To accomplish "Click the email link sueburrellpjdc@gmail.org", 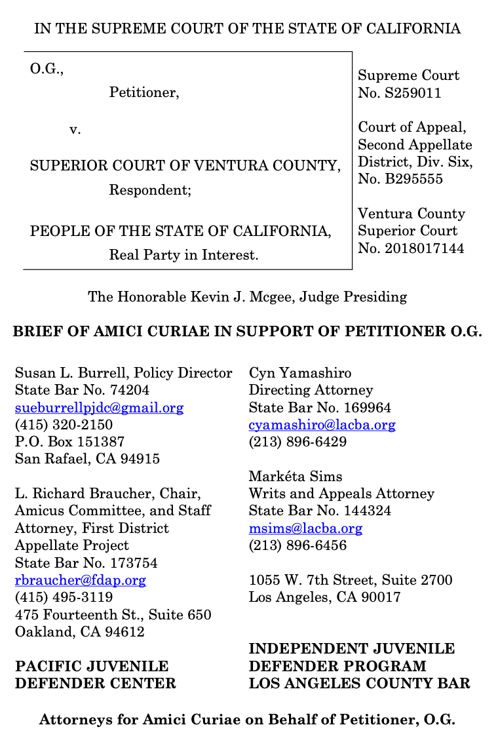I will [x=99, y=408].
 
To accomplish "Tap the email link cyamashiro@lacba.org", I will [x=322, y=425].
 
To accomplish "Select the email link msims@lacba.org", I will [x=305, y=528].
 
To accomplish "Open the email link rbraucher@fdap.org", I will [x=80, y=580].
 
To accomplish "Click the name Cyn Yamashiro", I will [x=299, y=373].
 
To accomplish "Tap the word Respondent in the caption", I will [x=148, y=191].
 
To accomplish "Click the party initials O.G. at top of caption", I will [x=46, y=68].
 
